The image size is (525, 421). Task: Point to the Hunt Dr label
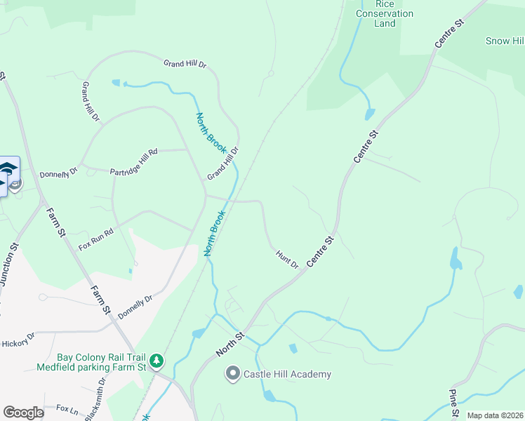click(287, 259)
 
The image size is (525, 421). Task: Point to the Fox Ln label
click(66, 408)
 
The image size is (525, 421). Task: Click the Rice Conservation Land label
click(385, 13)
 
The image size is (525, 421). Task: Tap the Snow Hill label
click(505, 41)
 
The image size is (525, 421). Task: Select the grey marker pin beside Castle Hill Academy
click(232, 374)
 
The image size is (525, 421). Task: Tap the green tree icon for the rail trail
click(157, 361)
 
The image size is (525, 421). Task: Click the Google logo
click(23, 412)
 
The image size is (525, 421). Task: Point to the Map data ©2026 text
click(496, 415)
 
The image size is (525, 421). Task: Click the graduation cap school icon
click(8, 168)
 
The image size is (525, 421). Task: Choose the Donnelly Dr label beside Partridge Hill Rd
click(58, 173)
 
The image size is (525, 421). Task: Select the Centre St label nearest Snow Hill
click(450, 33)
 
